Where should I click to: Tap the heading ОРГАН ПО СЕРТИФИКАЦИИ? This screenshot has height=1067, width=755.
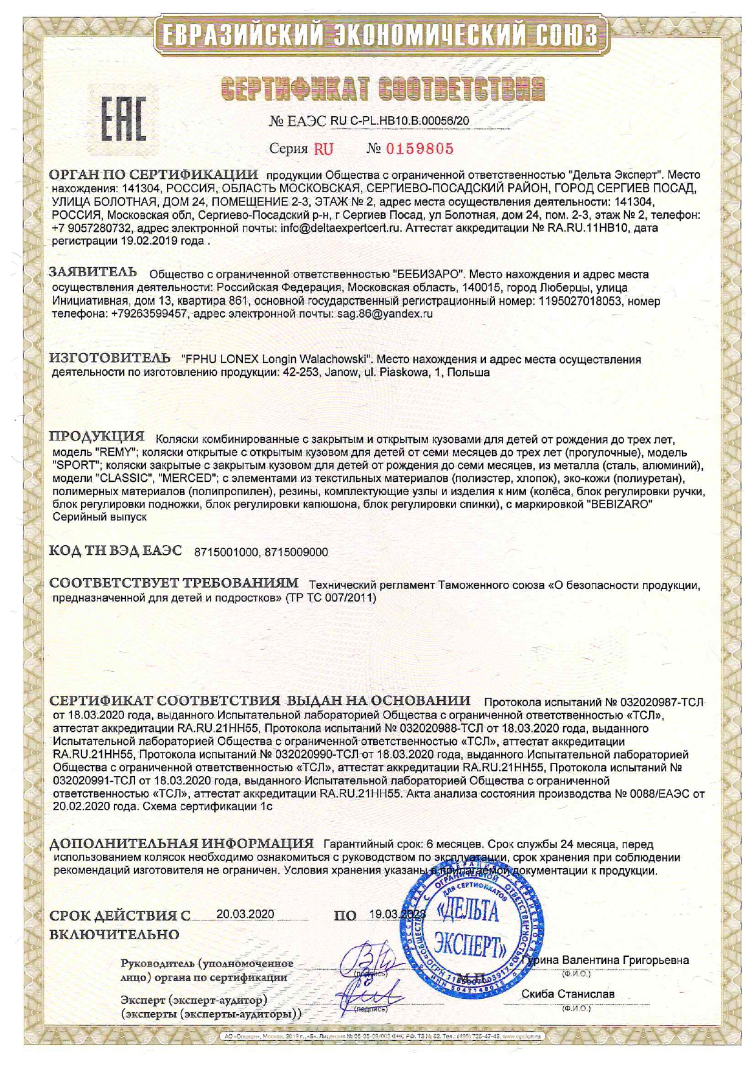pos(154,174)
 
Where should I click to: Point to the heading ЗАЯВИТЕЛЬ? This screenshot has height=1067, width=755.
pos(93,272)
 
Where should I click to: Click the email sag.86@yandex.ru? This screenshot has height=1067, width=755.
pos(384,314)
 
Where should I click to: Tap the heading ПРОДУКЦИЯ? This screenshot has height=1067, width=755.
pos(97,437)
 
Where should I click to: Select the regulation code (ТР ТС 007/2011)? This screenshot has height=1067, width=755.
pos(331,598)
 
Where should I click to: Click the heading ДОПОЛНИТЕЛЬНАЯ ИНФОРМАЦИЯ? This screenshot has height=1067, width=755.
pos(181,844)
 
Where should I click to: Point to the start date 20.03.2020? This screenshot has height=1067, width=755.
pos(245,914)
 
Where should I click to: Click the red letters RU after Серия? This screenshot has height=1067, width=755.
pos(323,149)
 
